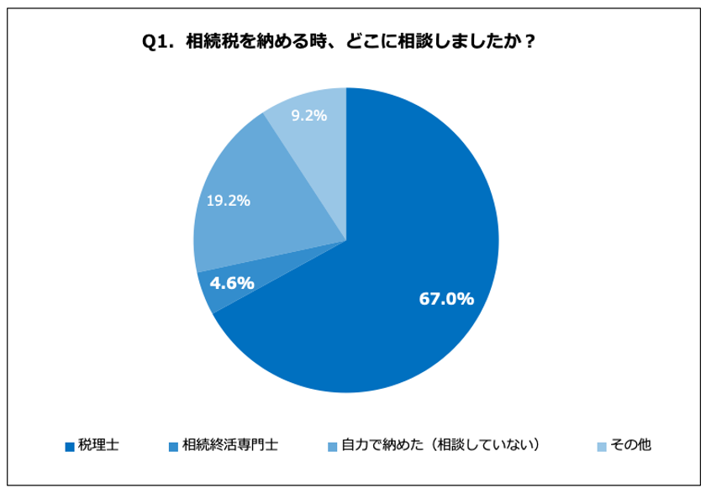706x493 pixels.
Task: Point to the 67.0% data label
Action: click(x=446, y=298)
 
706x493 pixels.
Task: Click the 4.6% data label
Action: click(x=232, y=284)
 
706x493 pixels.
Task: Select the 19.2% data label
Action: click(x=229, y=201)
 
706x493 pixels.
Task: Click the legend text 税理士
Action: click(x=99, y=445)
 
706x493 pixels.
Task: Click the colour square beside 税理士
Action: click(x=70, y=446)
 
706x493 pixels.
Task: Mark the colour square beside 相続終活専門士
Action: click(x=172, y=446)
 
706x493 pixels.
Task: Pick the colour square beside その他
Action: click(x=602, y=446)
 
